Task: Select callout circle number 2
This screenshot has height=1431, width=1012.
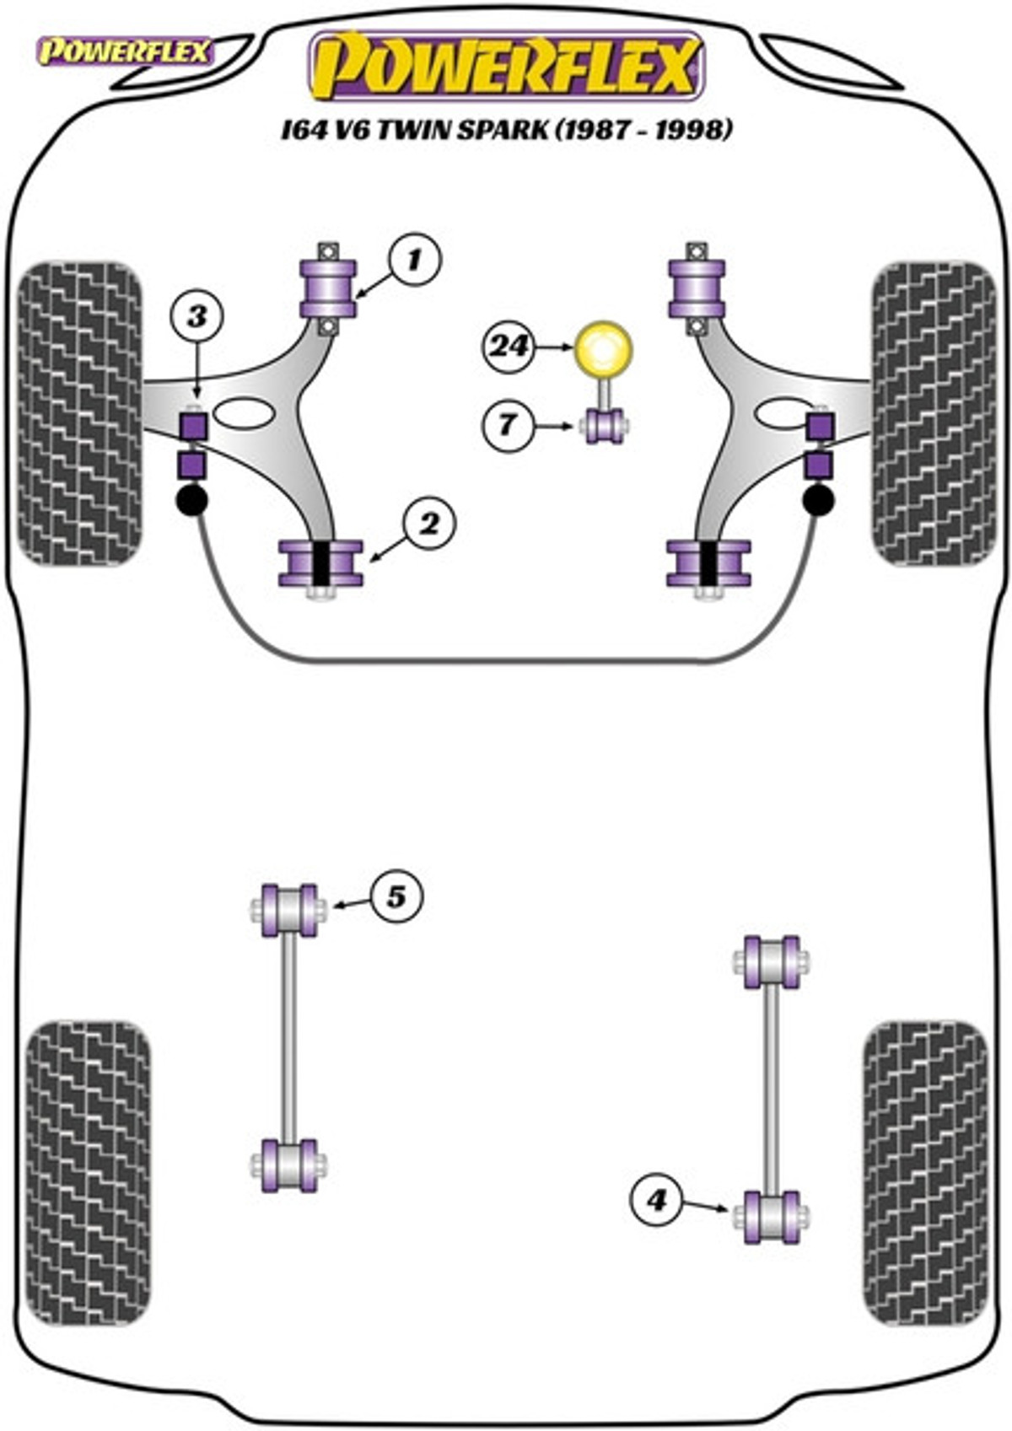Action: (431, 525)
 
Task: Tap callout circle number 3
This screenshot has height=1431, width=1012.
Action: (197, 315)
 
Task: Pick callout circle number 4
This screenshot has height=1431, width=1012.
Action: (656, 1201)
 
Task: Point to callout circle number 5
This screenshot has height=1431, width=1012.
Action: (396, 897)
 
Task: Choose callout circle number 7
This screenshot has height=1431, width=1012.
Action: (508, 424)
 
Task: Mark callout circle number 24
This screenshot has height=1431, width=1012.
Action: (509, 347)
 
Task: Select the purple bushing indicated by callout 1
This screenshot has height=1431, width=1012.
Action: (328, 288)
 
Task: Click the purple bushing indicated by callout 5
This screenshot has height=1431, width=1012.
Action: (288, 911)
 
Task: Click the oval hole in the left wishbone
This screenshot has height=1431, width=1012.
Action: (244, 414)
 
